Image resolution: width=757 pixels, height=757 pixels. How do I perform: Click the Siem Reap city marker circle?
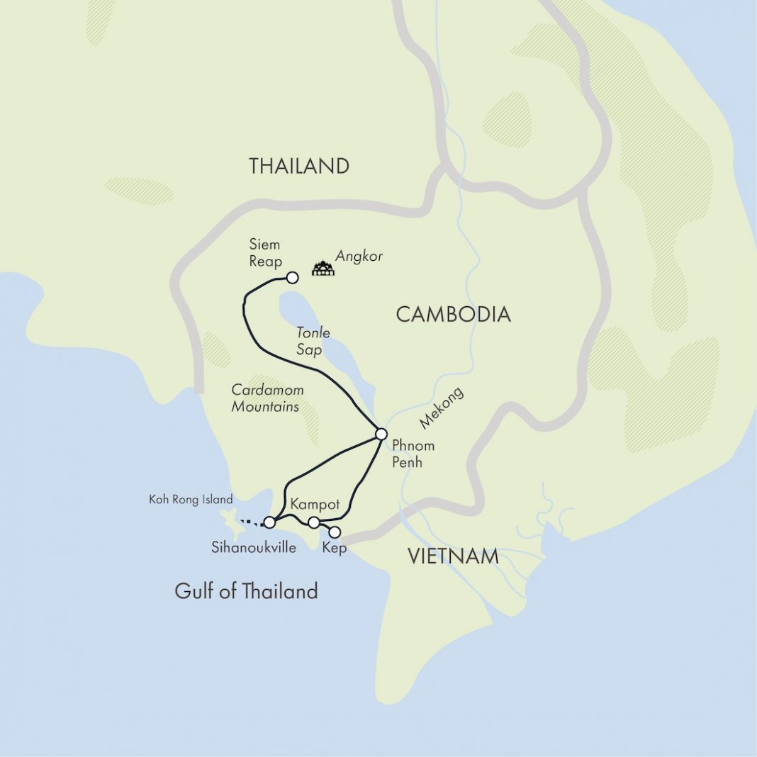(291, 277)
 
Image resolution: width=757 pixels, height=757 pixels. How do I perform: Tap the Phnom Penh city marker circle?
(381, 434)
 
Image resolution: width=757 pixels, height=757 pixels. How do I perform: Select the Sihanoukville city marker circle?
(269, 522)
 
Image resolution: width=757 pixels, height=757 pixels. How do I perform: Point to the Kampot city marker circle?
(313, 522)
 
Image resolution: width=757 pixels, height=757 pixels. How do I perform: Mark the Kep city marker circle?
(335, 532)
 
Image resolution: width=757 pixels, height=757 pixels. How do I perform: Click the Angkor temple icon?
(323, 268)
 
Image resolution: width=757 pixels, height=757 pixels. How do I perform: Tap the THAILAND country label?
(299, 167)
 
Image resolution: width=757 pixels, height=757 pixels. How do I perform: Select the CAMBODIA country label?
(453, 315)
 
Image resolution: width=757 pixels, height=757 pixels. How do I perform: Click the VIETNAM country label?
(453, 557)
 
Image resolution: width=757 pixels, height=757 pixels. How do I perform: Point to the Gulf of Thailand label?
(246, 591)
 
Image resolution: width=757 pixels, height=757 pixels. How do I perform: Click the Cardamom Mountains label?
(265, 398)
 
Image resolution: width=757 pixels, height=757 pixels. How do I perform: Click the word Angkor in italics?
(359, 257)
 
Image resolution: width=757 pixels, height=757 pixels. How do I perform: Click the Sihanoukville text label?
(253, 548)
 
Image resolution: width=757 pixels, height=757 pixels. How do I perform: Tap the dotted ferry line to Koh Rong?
(250, 524)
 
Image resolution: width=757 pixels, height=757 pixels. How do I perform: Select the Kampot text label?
(315, 505)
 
